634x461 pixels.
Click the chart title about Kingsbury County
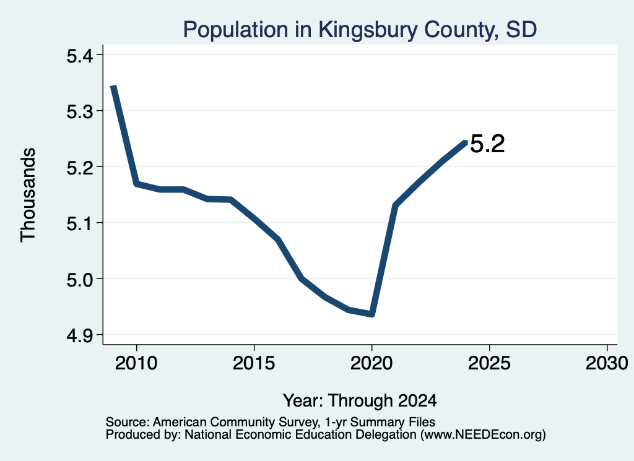click(360, 30)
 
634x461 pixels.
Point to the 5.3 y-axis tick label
click(80, 111)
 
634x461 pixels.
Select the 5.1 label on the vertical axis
click(80, 223)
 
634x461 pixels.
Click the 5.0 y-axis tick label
click(80, 279)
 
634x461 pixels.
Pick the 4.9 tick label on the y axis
click(80, 335)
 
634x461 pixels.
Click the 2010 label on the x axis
click(136, 363)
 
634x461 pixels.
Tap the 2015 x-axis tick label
click(254, 363)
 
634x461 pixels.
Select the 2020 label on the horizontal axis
click(371, 363)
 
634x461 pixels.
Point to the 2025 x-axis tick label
click(489, 363)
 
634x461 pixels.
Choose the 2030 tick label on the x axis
click(607, 363)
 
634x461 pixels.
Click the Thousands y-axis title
click(28, 195)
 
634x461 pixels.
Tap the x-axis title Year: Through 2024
click(360, 401)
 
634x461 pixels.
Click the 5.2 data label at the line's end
click(488, 144)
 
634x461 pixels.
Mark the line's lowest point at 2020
click(372, 314)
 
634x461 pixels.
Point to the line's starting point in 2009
click(114, 86)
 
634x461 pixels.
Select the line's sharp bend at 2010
click(137, 184)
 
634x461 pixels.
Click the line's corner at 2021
click(395, 205)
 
